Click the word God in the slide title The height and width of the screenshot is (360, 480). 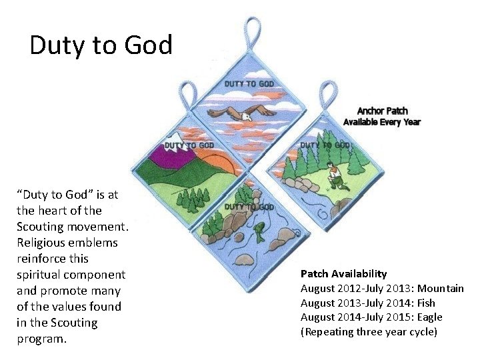(x=146, y=45)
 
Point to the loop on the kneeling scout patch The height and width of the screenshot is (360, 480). (x=327, y=94)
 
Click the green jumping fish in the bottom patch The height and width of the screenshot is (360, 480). (x=259, y=234)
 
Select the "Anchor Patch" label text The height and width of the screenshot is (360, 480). (x=382, y=111)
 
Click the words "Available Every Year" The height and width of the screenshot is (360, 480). (x=382, y=122)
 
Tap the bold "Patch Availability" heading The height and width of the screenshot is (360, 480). (x=343, y=273)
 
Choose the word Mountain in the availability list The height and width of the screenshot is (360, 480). (x=439, y=288)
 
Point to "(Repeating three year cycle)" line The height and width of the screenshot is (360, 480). (x=369, y=331)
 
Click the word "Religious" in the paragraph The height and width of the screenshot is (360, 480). (x=43, y=243)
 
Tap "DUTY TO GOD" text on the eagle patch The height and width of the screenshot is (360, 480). (x=249, y=84)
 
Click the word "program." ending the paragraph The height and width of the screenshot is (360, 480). (x=41, y=339)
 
